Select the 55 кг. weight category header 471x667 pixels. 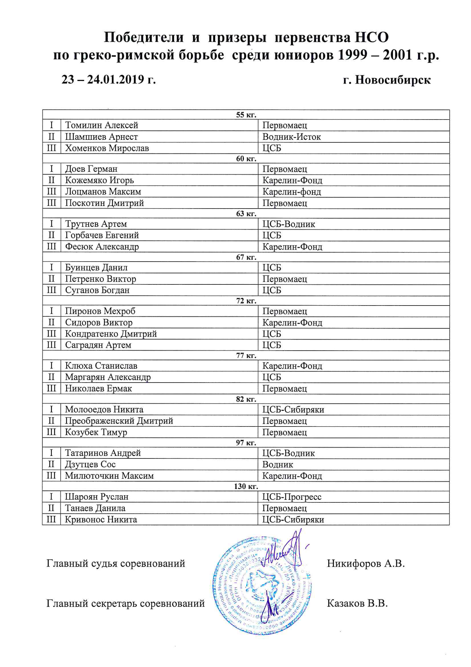246,115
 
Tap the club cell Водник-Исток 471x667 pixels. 291,137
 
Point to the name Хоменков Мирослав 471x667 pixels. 107,148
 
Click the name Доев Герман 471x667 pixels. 91,169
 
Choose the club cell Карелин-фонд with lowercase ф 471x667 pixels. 292,192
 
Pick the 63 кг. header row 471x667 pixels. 246,214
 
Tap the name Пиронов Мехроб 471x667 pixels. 100,311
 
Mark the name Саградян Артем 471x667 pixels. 98,345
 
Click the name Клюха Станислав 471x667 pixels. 101,366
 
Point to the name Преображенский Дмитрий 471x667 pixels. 119,421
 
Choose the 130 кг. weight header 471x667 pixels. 246,486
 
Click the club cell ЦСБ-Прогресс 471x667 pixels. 292,497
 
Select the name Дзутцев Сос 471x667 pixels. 90,464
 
